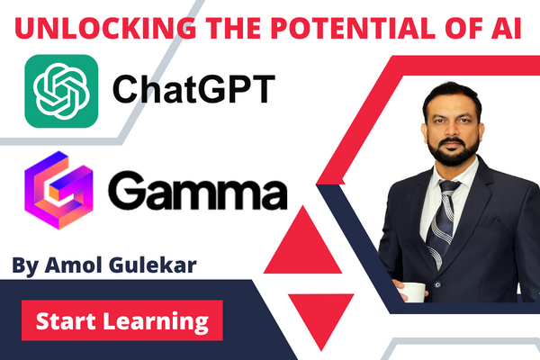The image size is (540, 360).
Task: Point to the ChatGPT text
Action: (188, 91)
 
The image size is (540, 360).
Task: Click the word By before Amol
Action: (26, 267)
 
